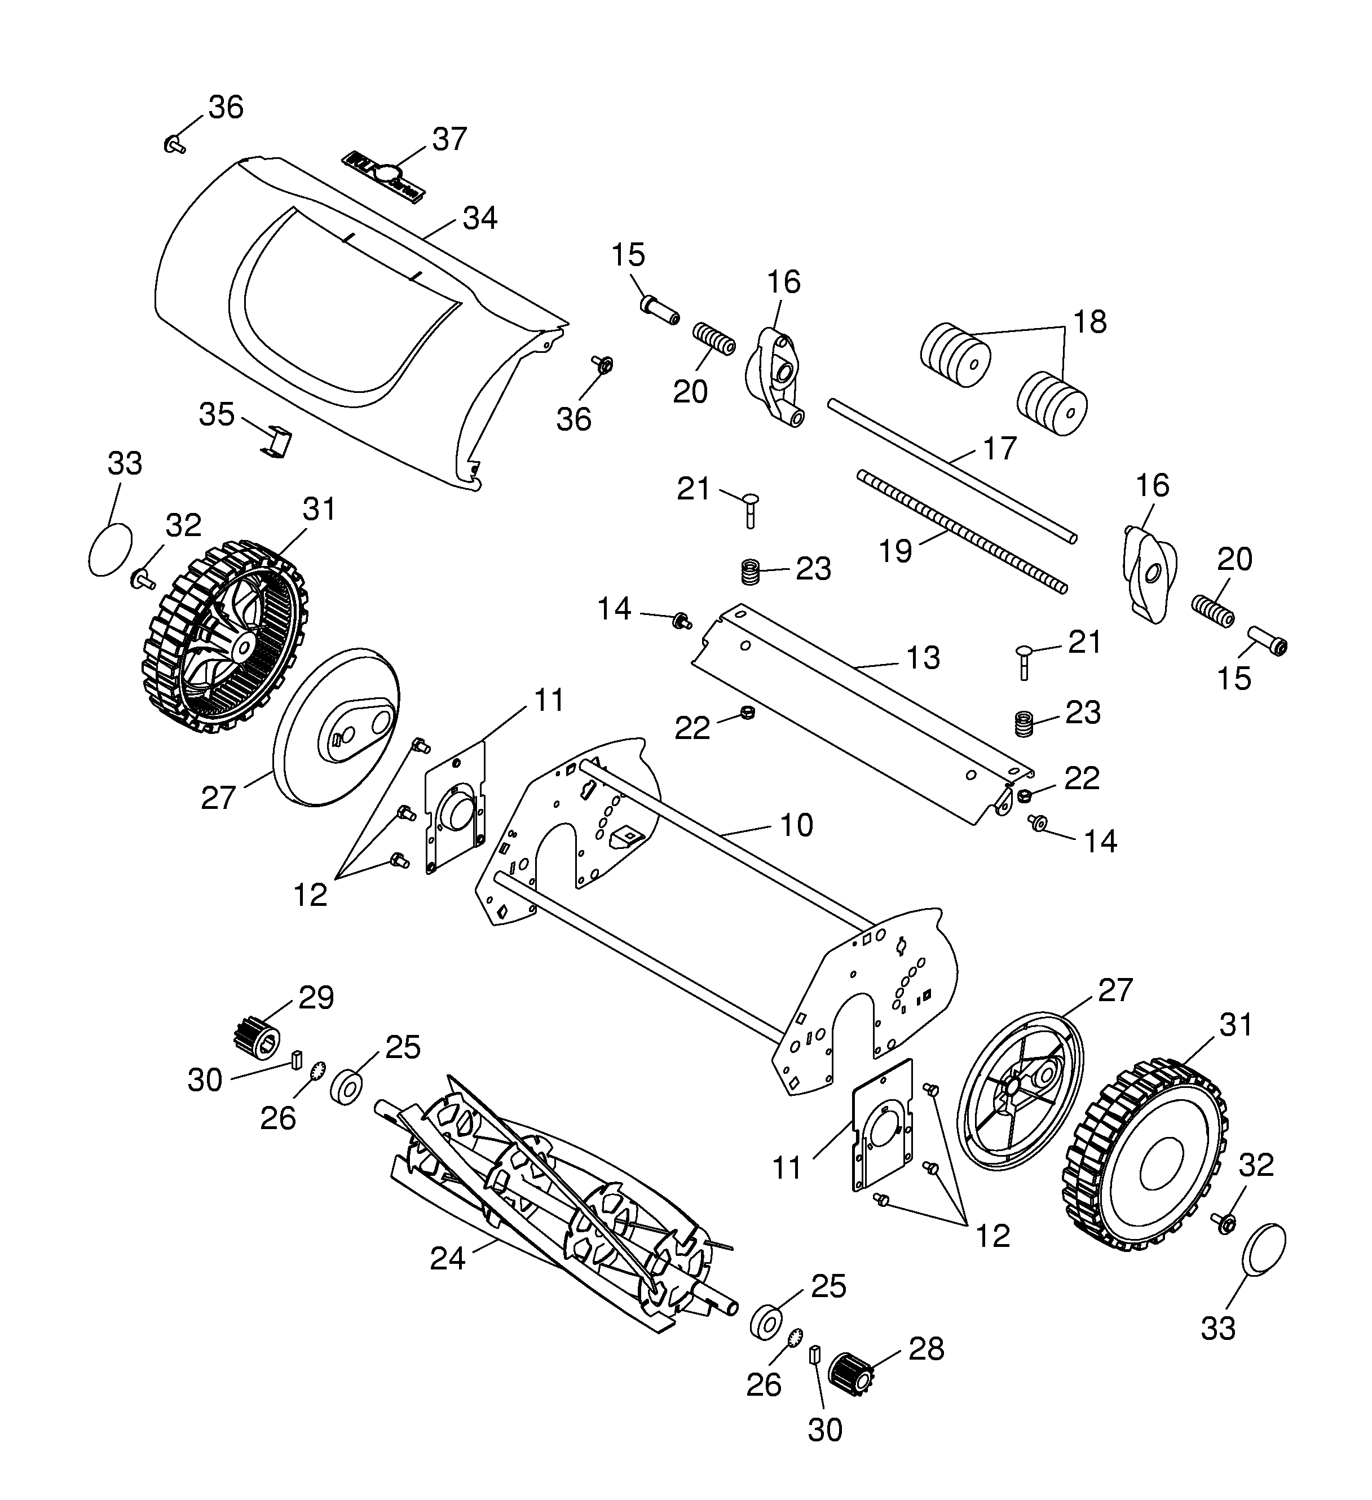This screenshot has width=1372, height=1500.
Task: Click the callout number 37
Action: [449, 139]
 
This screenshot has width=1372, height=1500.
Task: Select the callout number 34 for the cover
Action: [479, 218]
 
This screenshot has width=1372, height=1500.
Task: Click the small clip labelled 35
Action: [277, 442]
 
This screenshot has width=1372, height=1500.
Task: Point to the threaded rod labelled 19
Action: [960, 530]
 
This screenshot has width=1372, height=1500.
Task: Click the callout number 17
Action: [999, 448]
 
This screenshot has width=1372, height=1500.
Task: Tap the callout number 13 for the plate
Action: [923, 658]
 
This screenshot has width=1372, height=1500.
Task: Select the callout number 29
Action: [316, 998]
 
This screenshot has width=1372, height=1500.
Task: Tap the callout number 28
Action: [926, 1349]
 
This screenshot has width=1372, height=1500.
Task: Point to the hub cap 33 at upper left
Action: [110, 548]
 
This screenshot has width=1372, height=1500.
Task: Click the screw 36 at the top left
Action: [174, 144]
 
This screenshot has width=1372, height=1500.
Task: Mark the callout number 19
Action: [895, 551]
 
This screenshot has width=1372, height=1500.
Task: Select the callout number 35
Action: [217, 414]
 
